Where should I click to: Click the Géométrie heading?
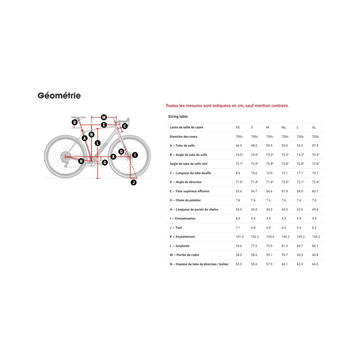59,96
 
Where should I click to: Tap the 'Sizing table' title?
178,117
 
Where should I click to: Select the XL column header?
314,127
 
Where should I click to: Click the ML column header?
284,127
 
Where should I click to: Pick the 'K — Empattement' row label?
182,237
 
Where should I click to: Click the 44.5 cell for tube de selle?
239,145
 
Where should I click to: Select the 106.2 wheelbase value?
316,237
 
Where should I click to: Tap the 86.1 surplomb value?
315,246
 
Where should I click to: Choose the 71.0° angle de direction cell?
239,182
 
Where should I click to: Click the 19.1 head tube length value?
315,173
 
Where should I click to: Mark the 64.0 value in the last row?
315,264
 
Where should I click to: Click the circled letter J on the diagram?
134,183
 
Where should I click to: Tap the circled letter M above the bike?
104,117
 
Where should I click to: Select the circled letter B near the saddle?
75,123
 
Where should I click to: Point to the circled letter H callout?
81,161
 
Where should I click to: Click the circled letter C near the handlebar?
125,126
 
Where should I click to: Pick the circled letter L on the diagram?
98,143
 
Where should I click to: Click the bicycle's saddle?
78,117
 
